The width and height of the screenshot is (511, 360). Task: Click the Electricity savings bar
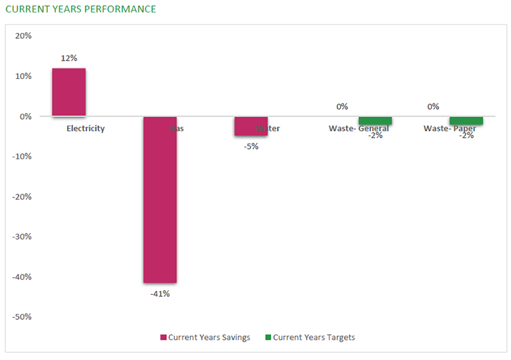[68, 92]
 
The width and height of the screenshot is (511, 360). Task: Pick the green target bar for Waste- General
[375, 121]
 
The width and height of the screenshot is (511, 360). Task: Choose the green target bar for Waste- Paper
[466, 121]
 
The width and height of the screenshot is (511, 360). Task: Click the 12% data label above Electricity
[68, 58]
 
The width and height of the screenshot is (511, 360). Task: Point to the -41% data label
[160, 294]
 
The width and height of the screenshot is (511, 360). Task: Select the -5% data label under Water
[251, 147]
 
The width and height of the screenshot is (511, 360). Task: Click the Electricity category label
[85, 129]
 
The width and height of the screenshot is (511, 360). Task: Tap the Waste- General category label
[358, 129]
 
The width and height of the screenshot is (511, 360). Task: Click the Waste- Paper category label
[450, 129]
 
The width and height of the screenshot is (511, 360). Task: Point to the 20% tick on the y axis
[24, 36]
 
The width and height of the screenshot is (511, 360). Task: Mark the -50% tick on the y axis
[22, 317]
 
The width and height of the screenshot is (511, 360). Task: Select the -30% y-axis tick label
[22, 236]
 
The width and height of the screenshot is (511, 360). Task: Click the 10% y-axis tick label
[24, 76]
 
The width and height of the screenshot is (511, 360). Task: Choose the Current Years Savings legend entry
[205, 338]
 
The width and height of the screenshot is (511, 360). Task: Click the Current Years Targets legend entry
[310, 338]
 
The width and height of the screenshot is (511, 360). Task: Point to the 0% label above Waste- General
[342, 107]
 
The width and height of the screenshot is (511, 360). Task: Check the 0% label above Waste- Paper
[433, 107]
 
